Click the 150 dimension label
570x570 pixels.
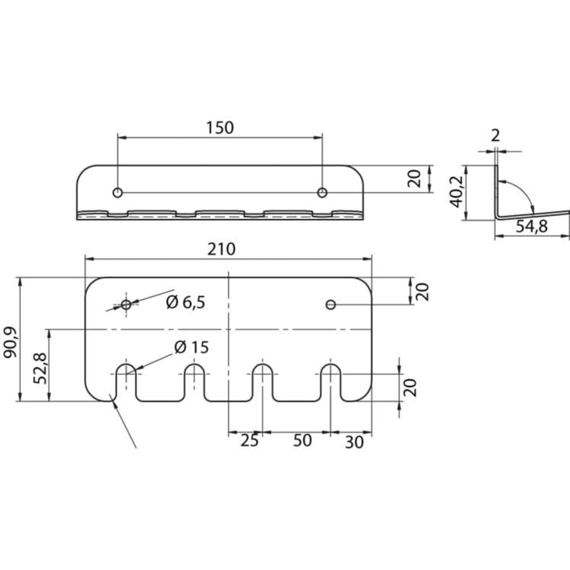pos(220,127)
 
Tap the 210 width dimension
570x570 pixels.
pos(222,250)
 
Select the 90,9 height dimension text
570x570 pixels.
pos(11,342)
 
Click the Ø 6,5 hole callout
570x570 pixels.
pos(186,303)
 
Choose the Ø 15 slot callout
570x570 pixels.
pos(191,348)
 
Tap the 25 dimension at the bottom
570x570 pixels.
pos(250,441)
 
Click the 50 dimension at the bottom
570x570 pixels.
pos(303,441)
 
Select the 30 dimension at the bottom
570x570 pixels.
pos(354,443)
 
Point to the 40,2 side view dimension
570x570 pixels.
pos(457,191)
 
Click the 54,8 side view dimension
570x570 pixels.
pos(531,227)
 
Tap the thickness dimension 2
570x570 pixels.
pos(495,136)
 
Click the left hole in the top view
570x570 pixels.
pos(117,193)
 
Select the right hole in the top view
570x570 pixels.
pos(322,193)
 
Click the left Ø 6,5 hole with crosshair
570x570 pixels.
pos(126,305)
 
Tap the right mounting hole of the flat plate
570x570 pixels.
pos(331,305)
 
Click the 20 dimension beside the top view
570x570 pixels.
pos(414,179)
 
